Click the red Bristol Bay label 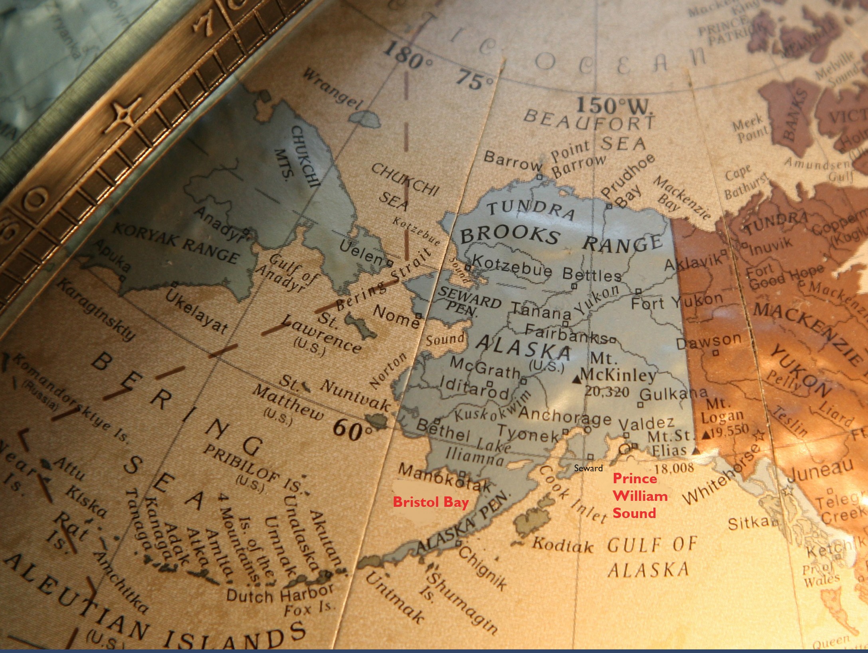tap(431, 502)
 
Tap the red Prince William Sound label tap(640, 496)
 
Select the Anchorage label tap(565, 417)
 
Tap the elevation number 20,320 tap(607, 392)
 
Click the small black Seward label tap(588, 468)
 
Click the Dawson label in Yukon tap(708, 341)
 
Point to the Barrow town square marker tap(540, 176)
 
